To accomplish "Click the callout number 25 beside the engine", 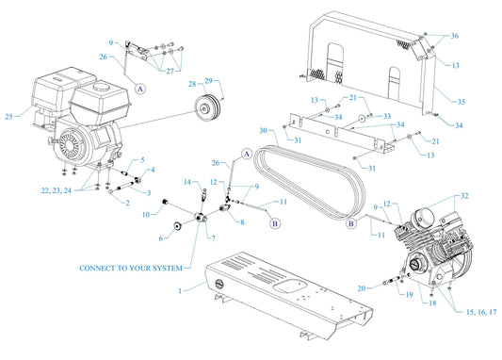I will pos(10,118).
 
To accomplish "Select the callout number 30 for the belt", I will pos(268,130).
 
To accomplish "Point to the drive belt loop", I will pos(311,174).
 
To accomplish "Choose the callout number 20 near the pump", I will pos(363,286).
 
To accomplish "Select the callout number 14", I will pos(187,181).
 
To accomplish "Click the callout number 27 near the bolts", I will pos(170,70).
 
